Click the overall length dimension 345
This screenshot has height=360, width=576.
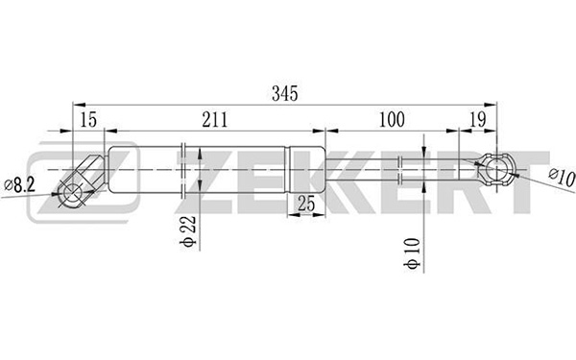coord(285,94)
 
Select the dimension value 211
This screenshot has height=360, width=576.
coord(215,120)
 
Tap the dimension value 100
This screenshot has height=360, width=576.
coord(392,120)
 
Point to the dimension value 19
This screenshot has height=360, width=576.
coord(478,120)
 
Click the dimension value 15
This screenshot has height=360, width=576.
coord(88,120)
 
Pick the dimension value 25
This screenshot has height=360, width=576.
coord(306,204)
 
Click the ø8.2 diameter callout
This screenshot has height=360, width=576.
coord(19,184)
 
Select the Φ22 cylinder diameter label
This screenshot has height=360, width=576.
coord(188,231)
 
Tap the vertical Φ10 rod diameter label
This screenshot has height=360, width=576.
coord(412,253)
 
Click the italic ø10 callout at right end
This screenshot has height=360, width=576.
coord(562,177)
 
